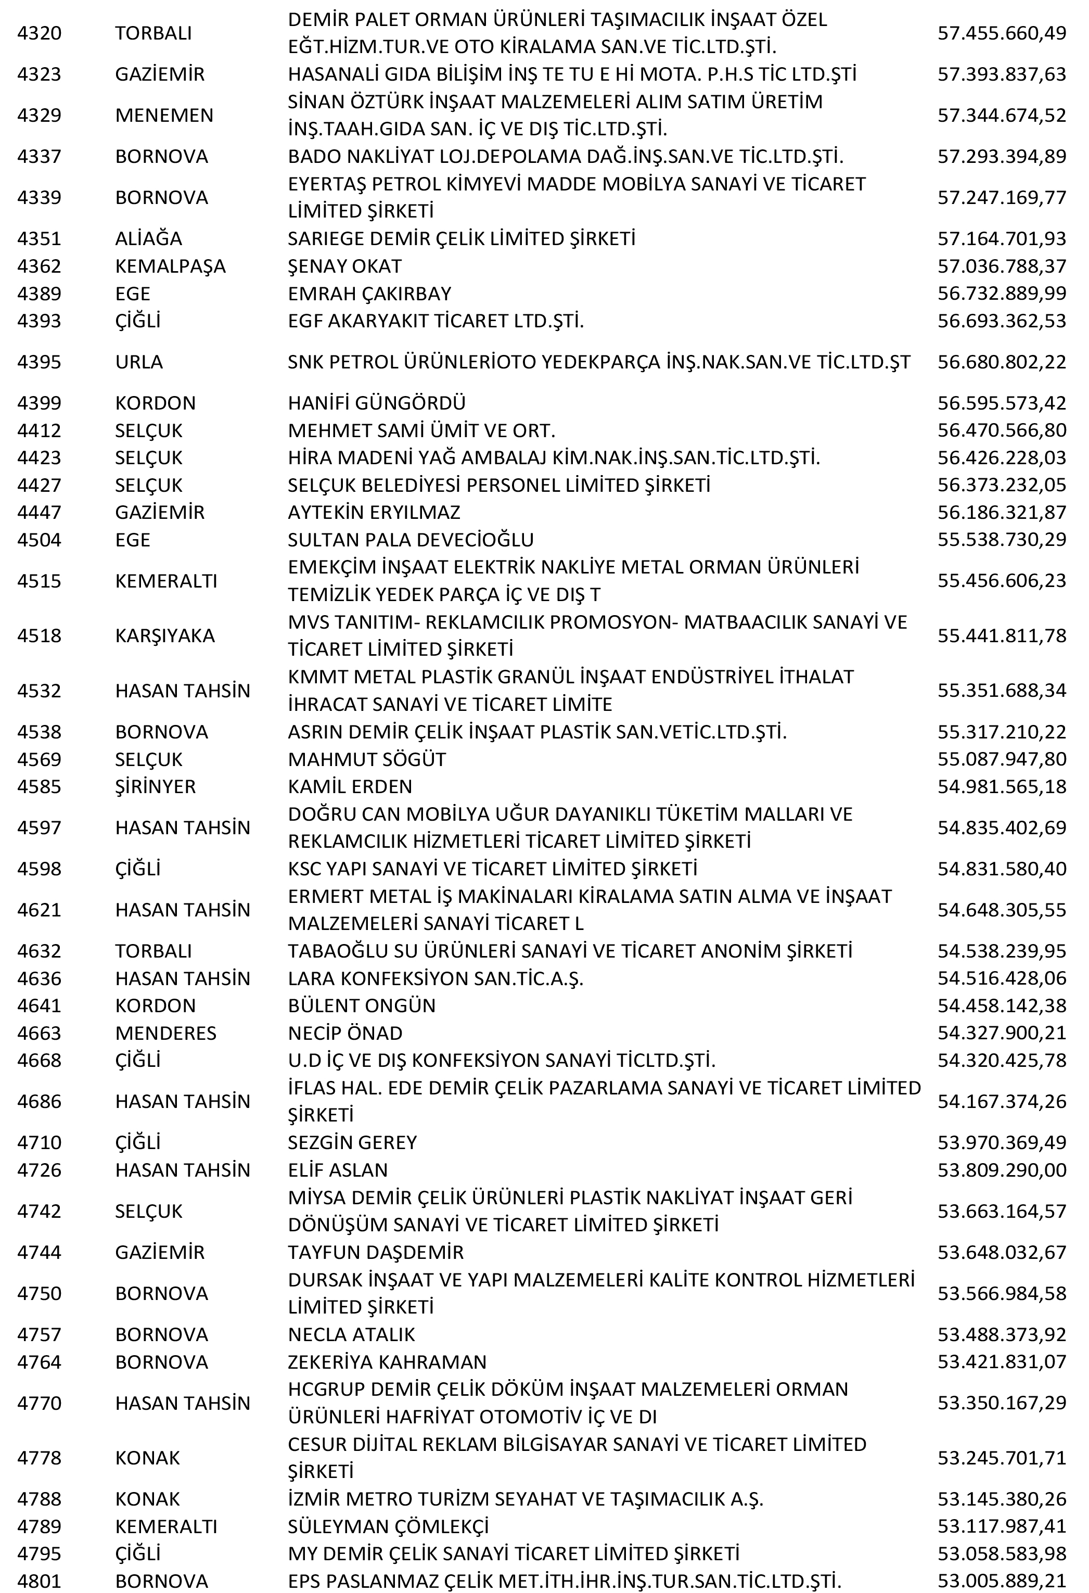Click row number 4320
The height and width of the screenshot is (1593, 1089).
pyautogui.click(x=39, y=33)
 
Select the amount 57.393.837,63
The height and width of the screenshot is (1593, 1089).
pyautogui.click(x=1001, y=74)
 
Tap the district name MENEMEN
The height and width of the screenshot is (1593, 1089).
pyautogui.click(x=164, y=115)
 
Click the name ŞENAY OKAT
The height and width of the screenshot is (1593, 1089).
pyautogui.click(x=345, y=266)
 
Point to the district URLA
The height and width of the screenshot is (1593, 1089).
pyautogui.click(x=138, y=362)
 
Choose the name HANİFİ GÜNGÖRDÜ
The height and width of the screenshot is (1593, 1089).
pyautogui.click(x=376, y=403)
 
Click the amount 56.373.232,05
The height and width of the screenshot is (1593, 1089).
pyautogui.click(x=1001, y=486)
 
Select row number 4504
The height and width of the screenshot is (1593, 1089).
pyautogui.click(x=39, y=540)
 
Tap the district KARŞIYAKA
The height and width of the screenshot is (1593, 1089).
pyautogui.click(x=164, y=635)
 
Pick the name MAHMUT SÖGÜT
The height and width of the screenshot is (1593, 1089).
pyautogui.click(x=367, y=759)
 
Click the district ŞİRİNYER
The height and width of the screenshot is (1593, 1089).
pyautogui.click(x=155, y=786)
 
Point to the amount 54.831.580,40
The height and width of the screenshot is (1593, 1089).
pyautogui.click(x=1001, y=869)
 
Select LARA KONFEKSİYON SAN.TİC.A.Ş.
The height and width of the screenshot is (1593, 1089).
pyautogui.click(x=435, y=978)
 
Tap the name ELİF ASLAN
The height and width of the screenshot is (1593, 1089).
pyautogui.click(x=337, y=1170)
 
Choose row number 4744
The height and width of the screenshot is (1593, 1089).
pyautogui.click(x=39, y=1252)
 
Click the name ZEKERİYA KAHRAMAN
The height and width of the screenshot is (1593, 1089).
pyautogui.click(x=387, y=1362)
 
